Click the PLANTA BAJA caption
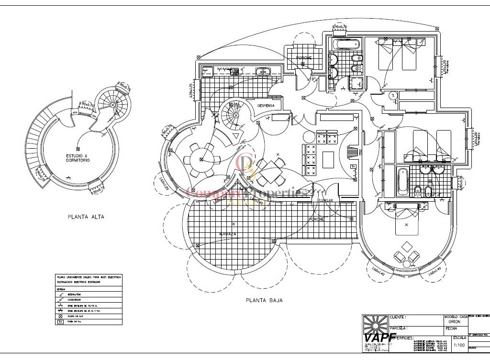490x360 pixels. [264, 301]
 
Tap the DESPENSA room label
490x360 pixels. [266, 105]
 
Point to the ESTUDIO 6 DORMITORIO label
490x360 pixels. [78, 158]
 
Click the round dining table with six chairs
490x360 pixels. [200, 158]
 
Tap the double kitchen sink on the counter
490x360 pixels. [263, 72]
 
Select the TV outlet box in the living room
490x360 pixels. [354, 166]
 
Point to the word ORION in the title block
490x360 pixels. [455, 322]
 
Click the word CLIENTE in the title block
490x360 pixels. [398, 317]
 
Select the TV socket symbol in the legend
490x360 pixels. [61, 322]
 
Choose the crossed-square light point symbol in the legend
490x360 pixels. [61, 316]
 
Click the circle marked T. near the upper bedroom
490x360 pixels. [393, 96]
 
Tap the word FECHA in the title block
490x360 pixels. [451, 328]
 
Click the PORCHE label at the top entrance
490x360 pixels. [303, 58]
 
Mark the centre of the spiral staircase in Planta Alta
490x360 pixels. [113, 104]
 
